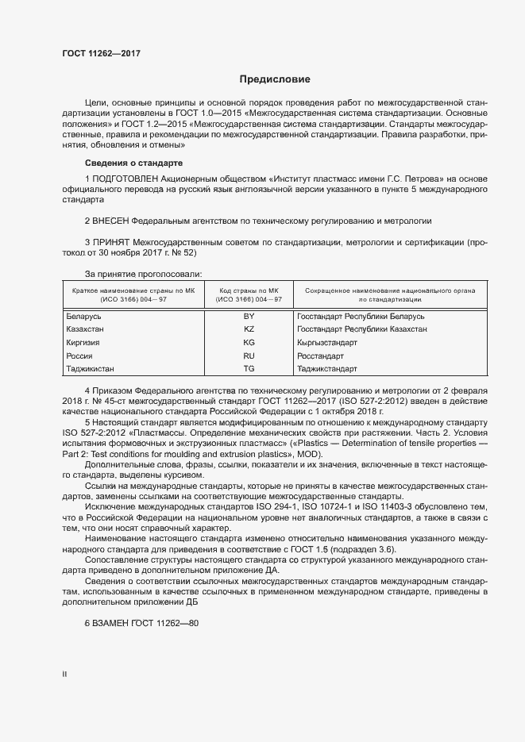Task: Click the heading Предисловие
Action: (274, 79)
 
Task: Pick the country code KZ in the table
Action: (249, 329)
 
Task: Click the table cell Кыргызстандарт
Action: (327, 343)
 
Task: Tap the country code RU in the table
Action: (249, 356)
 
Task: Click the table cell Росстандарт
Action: (320, 356)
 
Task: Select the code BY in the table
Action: (249, 316)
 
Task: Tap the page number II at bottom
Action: (64, 675)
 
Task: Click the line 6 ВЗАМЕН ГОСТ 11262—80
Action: (141, 624)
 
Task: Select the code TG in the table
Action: (249, 369)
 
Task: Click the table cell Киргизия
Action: (84, 343)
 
